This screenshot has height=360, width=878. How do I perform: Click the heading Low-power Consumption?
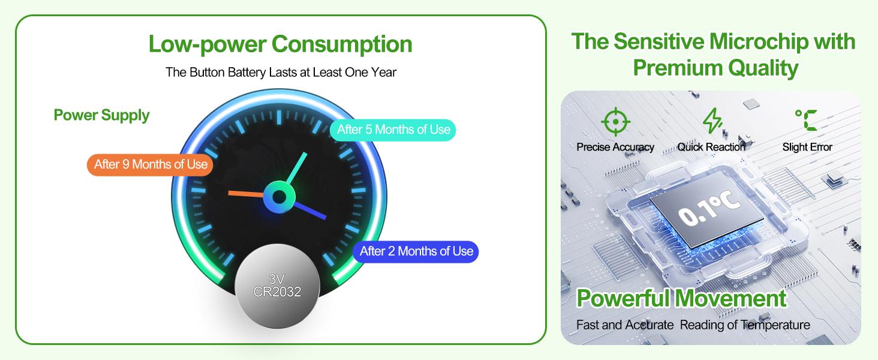point(280,44)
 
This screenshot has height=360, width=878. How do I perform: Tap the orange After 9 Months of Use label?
point(150,165)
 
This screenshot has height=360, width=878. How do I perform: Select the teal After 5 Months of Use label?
point(393,130)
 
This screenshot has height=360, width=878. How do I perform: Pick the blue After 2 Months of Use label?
point(416,251)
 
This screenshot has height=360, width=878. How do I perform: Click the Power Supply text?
point(101,115)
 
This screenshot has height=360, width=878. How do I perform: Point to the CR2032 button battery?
point(278,286)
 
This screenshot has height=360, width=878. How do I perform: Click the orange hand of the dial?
point(246,193)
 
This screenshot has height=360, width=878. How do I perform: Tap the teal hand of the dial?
point(296,168)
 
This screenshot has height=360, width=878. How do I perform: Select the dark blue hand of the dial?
point(309,211)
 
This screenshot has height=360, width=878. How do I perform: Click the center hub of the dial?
point(279,197)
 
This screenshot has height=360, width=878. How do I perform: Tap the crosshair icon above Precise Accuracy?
point(615,122)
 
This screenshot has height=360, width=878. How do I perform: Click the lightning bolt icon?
point(712,121)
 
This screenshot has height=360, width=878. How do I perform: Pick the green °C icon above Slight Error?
point(806,120)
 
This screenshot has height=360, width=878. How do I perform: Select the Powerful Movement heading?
point(681,298)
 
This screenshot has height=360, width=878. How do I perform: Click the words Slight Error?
point(807,147)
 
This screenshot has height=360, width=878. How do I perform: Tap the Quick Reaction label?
point(711,147)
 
